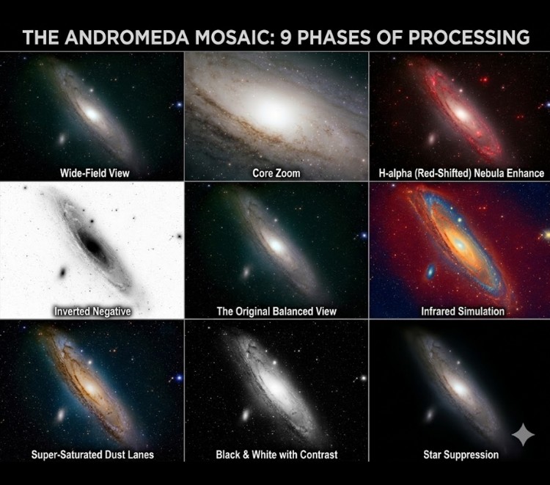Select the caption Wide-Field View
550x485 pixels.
(91, 174)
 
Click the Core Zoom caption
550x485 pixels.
(276, 174)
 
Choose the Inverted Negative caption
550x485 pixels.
(92, 311)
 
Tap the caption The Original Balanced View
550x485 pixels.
(276, 311)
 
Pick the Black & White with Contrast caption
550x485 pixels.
(276, 454)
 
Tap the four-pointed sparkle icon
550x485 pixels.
(523, 434)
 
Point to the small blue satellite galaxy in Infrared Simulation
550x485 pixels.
(430, 273)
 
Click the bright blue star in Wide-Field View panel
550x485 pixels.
(177, 106)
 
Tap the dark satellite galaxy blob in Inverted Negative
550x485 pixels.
(62, 273)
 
